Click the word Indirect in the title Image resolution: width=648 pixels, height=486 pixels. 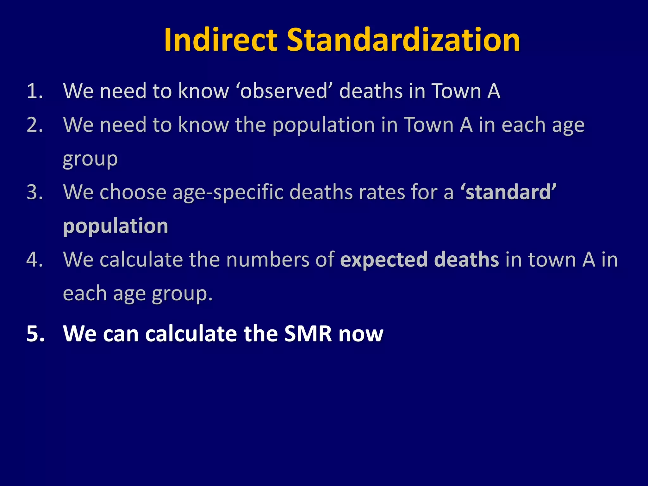[221, 40]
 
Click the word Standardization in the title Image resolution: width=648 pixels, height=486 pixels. [403, 40]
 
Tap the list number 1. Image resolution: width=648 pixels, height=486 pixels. [34, 91]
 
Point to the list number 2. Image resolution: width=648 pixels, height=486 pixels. [34, 125]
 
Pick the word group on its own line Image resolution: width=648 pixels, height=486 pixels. [90, 159]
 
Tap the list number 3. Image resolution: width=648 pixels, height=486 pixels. [34, 192]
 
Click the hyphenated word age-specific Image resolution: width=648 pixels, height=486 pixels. [228, 193]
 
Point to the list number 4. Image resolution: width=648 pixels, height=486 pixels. [34, 260]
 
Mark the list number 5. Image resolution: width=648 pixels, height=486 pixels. [35, 334]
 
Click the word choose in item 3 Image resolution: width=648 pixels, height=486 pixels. [133, 192]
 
